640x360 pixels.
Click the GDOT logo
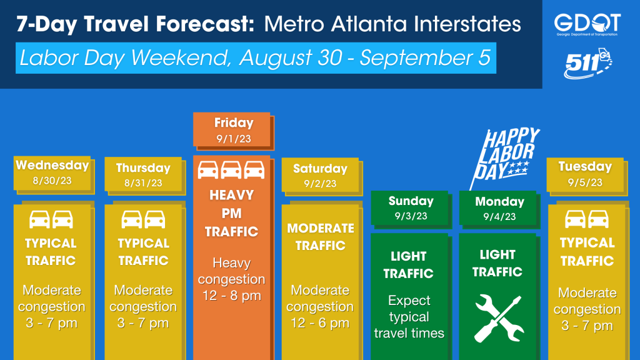coord(587,24)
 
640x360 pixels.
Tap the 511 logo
coord(587,64)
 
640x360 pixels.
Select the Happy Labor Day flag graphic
coord(504,157)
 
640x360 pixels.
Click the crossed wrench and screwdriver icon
coord(498,319)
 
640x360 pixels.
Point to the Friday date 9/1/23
coord(234,139)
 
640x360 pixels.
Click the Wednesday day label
coord(52,165)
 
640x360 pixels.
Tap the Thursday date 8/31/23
coord(143,183)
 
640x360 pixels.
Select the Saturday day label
coord(320,169)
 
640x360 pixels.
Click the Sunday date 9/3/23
coord(411,216)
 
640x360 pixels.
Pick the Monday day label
coord(499,202)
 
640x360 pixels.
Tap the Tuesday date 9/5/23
coord(585,182)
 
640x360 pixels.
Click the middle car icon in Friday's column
coord(231,170)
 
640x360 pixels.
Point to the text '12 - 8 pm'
coord(232,296)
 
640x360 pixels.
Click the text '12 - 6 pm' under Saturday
coord(320,323)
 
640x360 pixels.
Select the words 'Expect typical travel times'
coord(409,317)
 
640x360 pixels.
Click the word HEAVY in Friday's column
coord(231,195)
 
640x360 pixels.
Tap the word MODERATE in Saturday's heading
coord(321,228)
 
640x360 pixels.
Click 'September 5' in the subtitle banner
coord(425,57)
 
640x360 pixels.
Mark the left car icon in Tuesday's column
coord(575,219)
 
